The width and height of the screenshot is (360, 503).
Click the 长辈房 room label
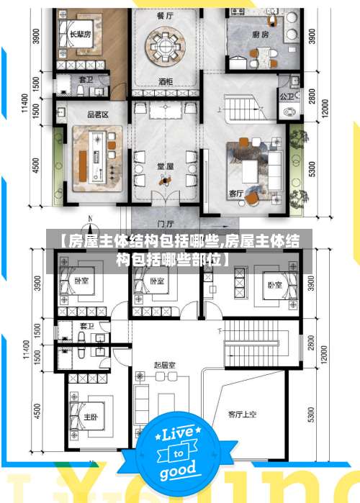[x=81, y=34]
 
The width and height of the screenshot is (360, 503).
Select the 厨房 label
[x=261, y=34]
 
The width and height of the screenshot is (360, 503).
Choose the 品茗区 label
[x=97, y=114]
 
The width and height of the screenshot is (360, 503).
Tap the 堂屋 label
[x=165, y=166]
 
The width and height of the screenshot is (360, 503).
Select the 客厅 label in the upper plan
[x=236, y=193]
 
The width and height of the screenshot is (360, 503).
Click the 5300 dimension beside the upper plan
[x=311, y=169]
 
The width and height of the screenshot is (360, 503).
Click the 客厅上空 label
[x=242, y=414]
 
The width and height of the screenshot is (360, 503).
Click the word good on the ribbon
[x=177, y=471]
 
